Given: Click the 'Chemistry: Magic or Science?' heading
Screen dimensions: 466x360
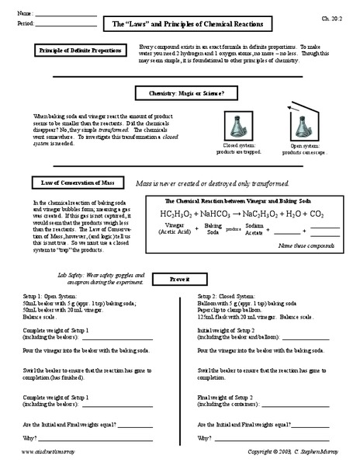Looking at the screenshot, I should tap(180, 92).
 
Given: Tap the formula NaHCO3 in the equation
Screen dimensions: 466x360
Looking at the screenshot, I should tap(224, 213).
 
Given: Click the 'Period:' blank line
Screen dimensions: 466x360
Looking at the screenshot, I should tap(68, 25).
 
